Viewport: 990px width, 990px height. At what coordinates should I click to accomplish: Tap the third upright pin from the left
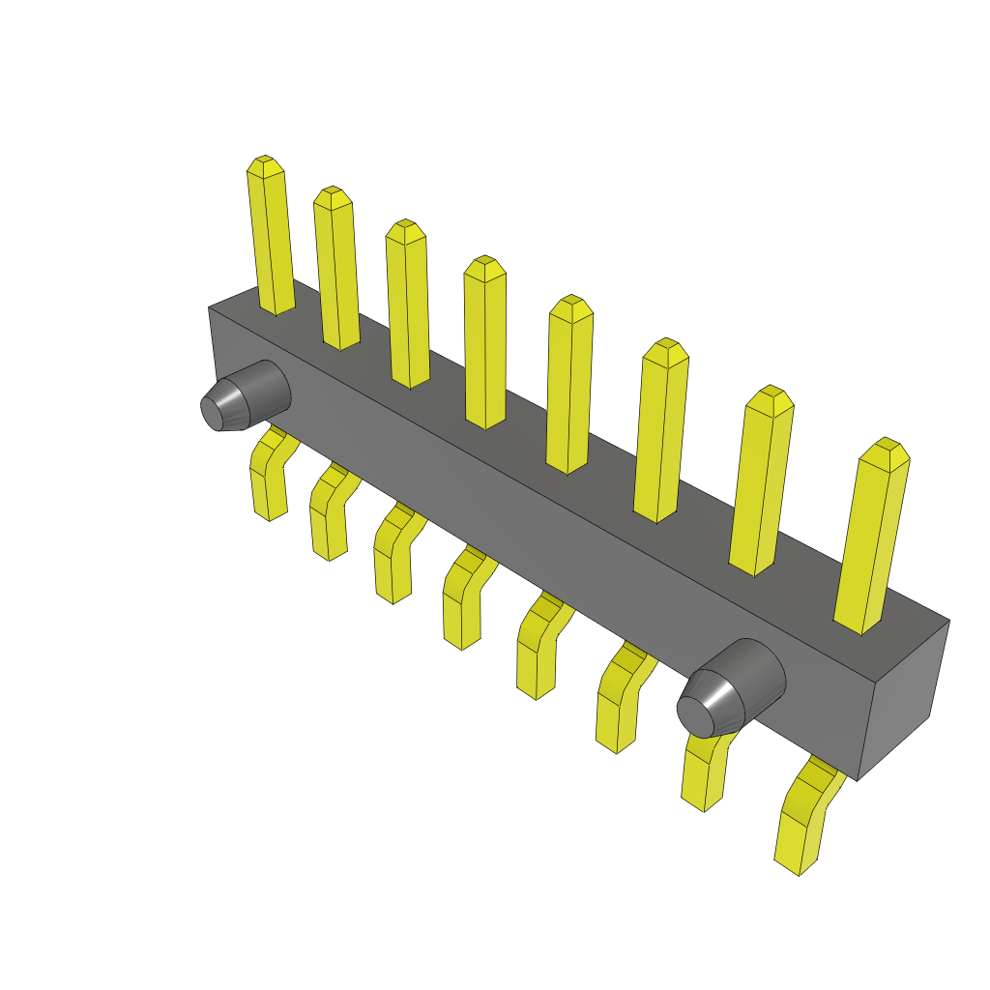point(407,307)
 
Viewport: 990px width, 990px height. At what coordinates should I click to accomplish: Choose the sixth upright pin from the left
point(660,435)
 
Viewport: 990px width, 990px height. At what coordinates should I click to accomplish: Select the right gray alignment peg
point(730,688)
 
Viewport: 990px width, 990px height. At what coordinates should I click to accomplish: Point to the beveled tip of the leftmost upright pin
point(266,166)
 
